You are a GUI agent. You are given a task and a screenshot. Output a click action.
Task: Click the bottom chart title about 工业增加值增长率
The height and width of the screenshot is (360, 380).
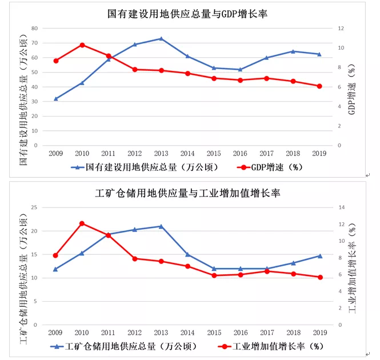point(188,193)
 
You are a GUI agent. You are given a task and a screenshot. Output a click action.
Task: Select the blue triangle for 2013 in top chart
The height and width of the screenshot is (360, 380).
point(161,38)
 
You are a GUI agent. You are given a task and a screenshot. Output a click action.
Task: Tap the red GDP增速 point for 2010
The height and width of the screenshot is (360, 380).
point(82,45)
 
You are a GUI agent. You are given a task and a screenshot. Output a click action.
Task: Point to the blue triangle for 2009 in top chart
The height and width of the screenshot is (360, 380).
point(55,98)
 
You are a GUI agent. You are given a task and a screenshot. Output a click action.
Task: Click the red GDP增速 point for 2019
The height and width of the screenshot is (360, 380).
point(319,86)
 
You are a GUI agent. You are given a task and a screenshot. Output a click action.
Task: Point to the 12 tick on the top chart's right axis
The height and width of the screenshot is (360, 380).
point(341,28)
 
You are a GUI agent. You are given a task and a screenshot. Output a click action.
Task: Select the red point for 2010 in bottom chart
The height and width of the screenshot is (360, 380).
point(82,223)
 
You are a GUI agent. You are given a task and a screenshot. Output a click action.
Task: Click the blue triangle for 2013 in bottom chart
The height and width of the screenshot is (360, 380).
point(161,226)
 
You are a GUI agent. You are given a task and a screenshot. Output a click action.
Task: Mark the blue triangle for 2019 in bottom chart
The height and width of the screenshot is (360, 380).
point(319,255)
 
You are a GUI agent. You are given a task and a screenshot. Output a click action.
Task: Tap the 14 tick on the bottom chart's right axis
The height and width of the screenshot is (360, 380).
point(341,207)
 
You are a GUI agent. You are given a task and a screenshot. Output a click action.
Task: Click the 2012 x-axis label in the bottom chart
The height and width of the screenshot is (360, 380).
point(135,333)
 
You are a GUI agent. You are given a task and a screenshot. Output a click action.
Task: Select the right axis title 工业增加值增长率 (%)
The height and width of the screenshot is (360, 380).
point(353,266)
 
